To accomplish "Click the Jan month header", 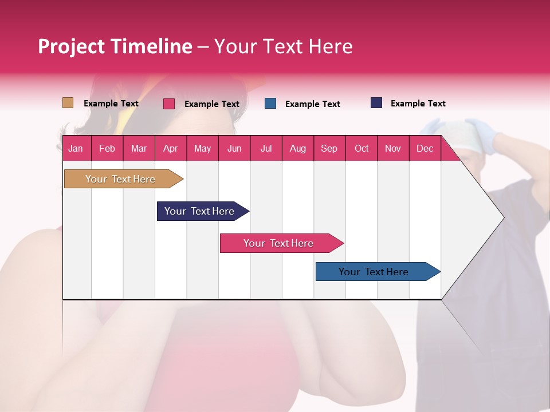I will coord(76,148).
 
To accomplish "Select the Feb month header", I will coord(107,148).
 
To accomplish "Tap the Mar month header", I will coord(139,148).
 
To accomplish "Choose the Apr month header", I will coord(170,148).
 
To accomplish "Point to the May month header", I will coord(202,148).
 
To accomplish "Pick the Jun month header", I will coord(234,148).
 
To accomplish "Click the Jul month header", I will coord(266,148).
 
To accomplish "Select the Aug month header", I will coord(297,148).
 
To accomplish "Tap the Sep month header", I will coord(329,148).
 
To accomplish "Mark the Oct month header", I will coord(362,148).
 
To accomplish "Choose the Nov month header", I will coord(393,148).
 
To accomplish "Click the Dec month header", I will coord(425,148).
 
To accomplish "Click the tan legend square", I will coord(68,103).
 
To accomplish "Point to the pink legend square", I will coord(168,104).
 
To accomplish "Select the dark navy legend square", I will coord(376,103).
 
